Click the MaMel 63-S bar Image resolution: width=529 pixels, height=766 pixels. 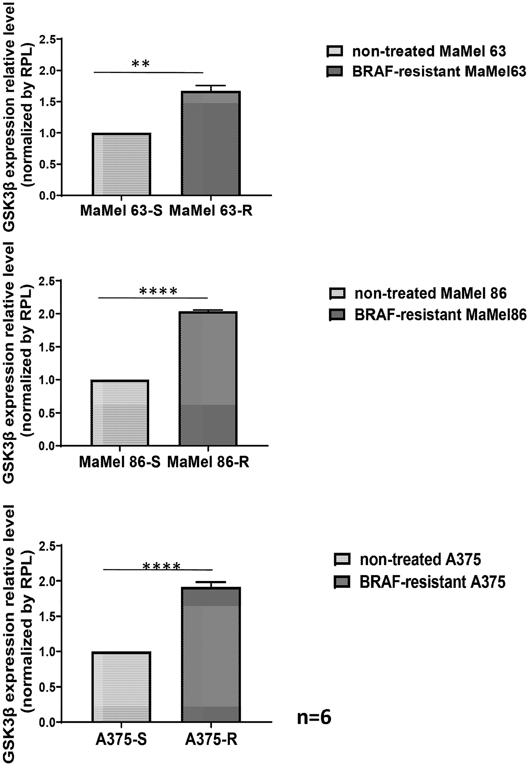121,164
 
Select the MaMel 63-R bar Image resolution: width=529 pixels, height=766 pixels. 211,143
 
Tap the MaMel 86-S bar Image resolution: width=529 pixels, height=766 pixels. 120,413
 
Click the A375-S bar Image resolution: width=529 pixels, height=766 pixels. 121,687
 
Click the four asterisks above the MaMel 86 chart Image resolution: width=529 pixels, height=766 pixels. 158,291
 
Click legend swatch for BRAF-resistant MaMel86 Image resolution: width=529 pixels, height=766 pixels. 337,314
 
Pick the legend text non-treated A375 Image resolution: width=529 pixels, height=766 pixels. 420,560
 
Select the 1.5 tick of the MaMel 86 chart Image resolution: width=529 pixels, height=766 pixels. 47,347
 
